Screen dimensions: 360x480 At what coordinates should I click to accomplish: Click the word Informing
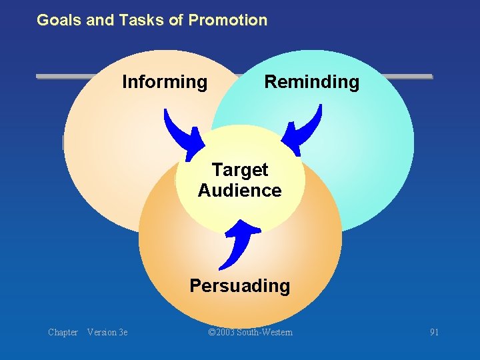(x=165, y=82)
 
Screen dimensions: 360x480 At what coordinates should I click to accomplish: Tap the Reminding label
(x=311, y=82)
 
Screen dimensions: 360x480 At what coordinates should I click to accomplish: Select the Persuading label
(x=239, y=286)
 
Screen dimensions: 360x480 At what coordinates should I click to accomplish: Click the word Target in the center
(x=239, y=171)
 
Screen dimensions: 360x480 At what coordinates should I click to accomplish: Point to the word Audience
(x=239, y=191)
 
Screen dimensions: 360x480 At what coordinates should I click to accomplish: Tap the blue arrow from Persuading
(x=239, y=243)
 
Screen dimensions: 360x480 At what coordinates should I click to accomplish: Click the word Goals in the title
(x=59, y=20)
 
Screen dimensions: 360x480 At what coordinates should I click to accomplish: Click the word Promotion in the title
(x=227, y=20)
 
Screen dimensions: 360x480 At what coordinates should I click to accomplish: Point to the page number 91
(x=434, y=332)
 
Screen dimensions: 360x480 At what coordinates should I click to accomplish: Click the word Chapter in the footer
(x=63, y=332)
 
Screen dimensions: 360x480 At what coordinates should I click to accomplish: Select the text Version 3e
(x=107, y=332)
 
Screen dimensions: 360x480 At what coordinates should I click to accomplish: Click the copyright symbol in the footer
(x=212, y=332)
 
